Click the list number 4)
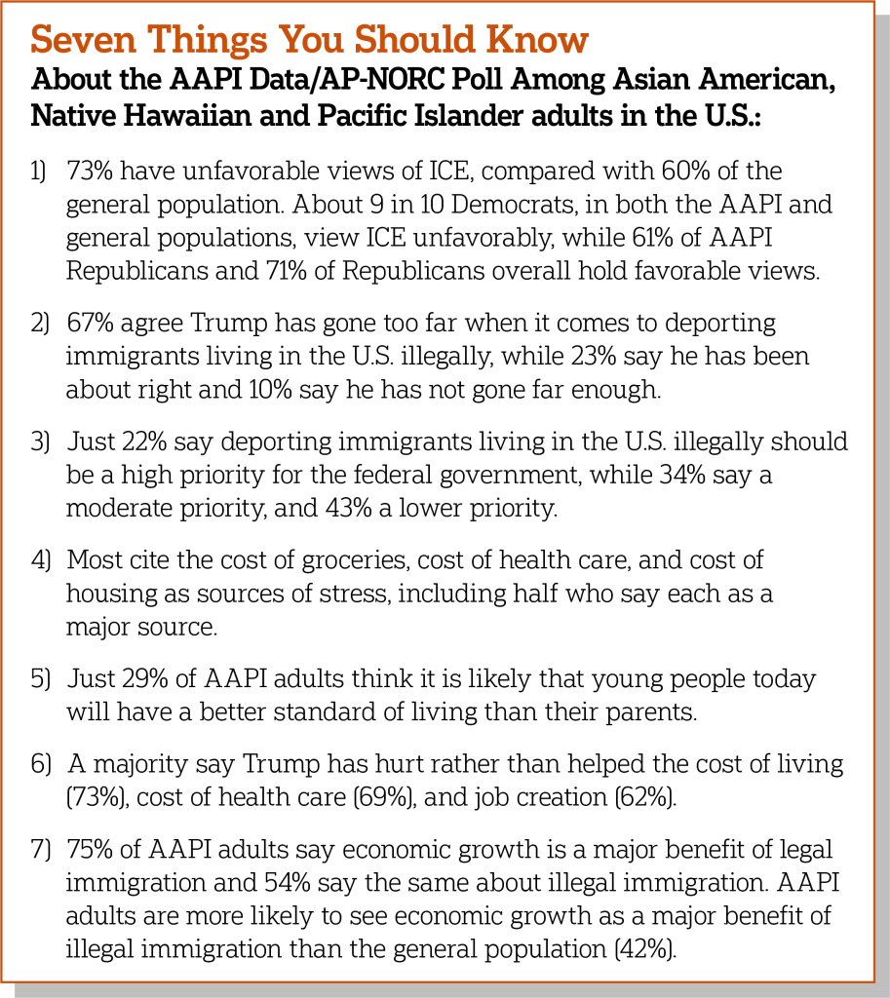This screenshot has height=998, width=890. coord(38,560)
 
